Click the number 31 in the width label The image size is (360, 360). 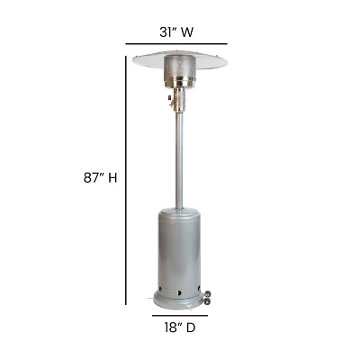click(x=166, y=32)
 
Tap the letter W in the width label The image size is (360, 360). click(x=188, y=32)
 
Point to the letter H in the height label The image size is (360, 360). click(x=112, y=177)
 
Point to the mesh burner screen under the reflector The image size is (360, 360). click(x=178, y=69)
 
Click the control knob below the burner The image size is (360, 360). click(x=168, y=102)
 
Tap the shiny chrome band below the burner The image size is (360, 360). click(x=178, y=86)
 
